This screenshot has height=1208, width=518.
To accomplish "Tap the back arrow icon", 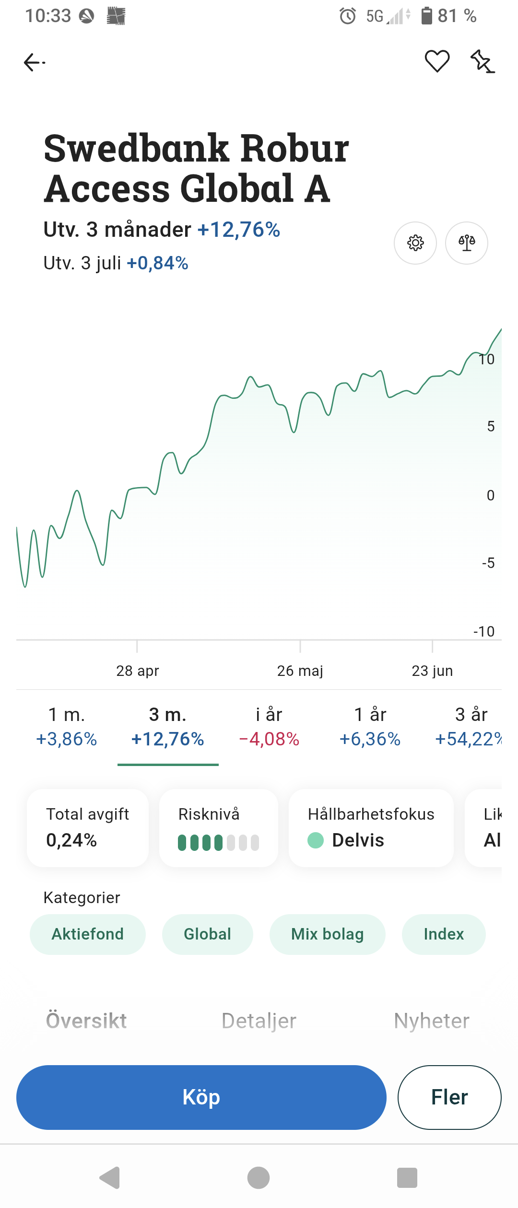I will coord(34,62).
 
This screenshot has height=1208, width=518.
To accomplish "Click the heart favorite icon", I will coord(437,61).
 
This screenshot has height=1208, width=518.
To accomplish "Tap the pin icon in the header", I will coord(482,61).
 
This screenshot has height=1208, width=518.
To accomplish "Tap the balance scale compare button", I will coord(466,243).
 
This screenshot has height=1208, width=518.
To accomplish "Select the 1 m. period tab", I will coord(67,727).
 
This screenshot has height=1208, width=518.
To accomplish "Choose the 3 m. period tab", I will coord(168,727).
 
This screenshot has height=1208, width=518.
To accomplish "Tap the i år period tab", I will coord(269,727).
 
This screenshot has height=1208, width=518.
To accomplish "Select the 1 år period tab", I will coord(370,727).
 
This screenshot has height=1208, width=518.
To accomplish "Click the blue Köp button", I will coord(201,1097).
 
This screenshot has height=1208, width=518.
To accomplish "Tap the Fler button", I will coord(449,1097).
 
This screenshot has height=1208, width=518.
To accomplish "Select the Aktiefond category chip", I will coord(88,934).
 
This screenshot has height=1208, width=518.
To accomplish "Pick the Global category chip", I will coord(208,934).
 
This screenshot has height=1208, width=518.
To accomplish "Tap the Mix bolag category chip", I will coord(328,934).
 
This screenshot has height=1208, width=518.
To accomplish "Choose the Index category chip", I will coord(444,934).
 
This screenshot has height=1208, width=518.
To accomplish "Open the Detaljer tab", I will coord(259,1021).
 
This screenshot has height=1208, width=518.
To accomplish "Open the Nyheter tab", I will coord(432,1021).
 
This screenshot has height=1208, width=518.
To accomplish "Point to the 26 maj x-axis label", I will coord(300,671).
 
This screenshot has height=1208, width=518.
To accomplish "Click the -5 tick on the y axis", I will coord(488,563).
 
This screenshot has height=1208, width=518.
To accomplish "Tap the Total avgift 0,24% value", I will coord(71,840).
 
